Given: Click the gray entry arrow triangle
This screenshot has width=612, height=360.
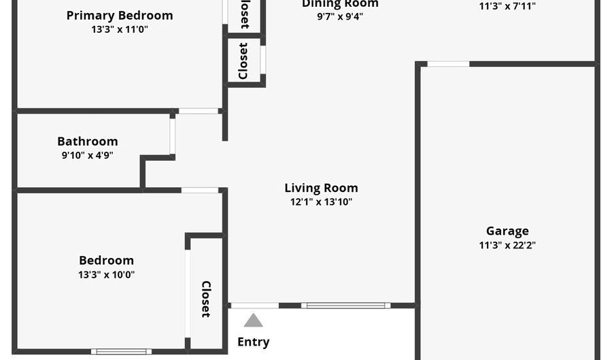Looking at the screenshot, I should click(253, 321).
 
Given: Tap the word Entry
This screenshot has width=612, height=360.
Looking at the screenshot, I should click(253, 342).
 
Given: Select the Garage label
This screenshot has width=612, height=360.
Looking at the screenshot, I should click(507, 231).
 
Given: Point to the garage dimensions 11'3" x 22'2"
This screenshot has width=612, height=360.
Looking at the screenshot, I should click(507, 246).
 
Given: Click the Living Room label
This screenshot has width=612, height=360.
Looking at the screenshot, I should click(321, 188).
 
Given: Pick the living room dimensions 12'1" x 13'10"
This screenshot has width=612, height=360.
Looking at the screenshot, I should click(321, 202).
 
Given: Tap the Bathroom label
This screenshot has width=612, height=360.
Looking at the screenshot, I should click(87, 142).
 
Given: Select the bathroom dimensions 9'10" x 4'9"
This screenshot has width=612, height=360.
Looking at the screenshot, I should click(87, 155).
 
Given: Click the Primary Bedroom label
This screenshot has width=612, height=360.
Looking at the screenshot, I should click(120, 15).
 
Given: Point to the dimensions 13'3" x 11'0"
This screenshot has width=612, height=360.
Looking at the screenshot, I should click(120, 29).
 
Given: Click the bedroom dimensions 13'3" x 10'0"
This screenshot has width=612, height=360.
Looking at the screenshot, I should click(106, 275).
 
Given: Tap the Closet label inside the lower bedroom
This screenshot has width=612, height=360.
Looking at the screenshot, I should click(206, 299).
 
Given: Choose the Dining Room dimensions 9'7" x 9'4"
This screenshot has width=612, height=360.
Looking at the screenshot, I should click(340, 17).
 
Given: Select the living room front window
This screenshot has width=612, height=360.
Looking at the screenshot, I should click(346, 306).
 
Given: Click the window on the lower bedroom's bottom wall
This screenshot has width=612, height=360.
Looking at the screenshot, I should click(122, 351).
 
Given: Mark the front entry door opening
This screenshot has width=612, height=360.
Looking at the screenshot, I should click(254, 306).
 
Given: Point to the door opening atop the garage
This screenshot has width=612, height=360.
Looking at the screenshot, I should click(448, 64).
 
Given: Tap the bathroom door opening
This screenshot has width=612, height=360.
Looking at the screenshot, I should click(173, 136).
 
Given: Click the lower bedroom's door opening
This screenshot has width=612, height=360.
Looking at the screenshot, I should click(200, 191).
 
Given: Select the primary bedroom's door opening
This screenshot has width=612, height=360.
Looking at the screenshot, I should click(199, 111).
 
